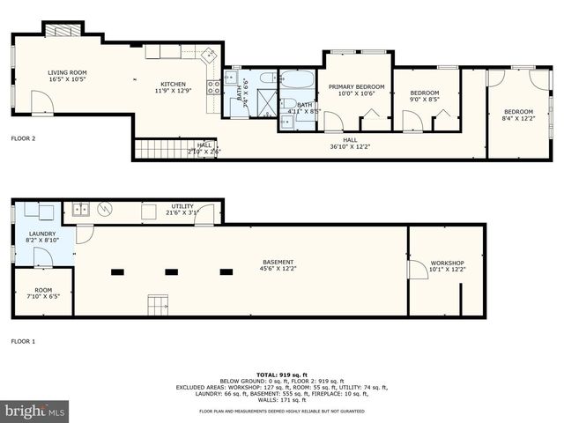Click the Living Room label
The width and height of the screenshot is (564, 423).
(67, 77)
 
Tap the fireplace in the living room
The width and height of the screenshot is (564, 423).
(63, 31)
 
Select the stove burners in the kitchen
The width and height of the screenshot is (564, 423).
(212, 86)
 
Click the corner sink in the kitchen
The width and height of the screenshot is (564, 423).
(211, 54)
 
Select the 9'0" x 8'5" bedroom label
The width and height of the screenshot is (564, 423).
(425, 96)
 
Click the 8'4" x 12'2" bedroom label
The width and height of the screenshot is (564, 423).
(517, 115)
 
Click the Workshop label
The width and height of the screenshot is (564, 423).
(447, 266)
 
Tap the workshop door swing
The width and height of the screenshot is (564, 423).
(412, 271)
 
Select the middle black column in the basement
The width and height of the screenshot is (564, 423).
(171, 271)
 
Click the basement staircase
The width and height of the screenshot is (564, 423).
(157, 305)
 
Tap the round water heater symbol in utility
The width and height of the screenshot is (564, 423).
(106, 210)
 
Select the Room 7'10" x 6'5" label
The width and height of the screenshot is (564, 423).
(43, 293)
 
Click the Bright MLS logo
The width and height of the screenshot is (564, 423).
(35, 411)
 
